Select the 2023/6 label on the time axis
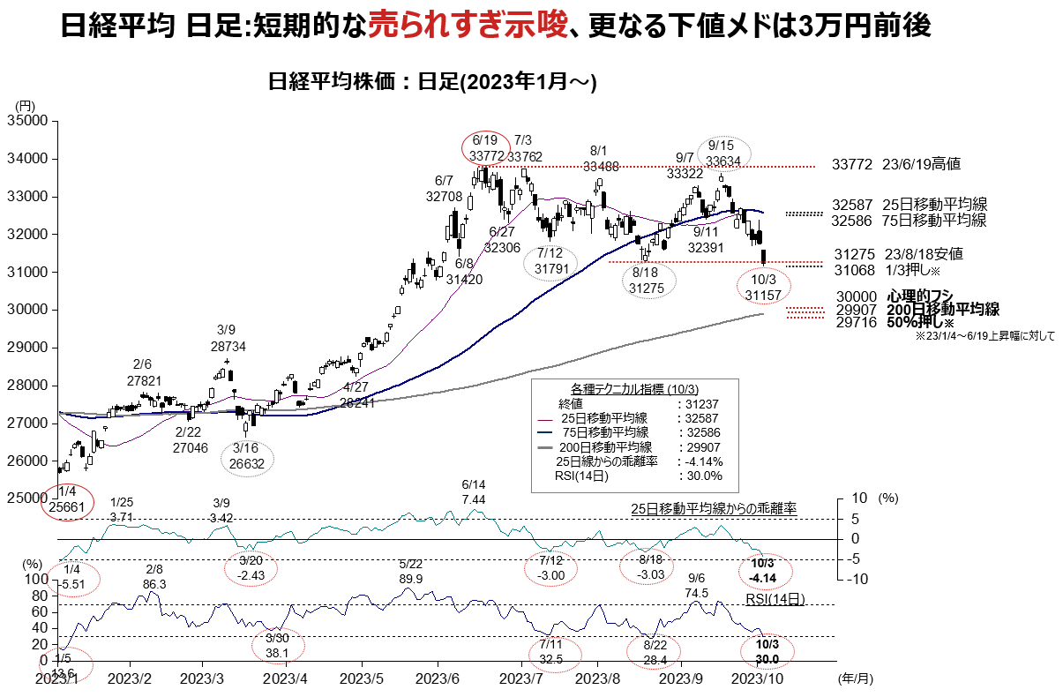coord(438,680)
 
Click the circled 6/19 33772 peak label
coord(486,147)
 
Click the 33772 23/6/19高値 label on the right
coord(895,164)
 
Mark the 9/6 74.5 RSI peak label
coord(696,587)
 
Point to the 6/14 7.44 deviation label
coord(474,492)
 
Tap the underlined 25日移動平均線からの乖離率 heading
coord(714,509)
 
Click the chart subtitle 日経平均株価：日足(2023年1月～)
coord(433,82)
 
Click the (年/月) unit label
coord(854,680)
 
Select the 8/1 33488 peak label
coord(600,158)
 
